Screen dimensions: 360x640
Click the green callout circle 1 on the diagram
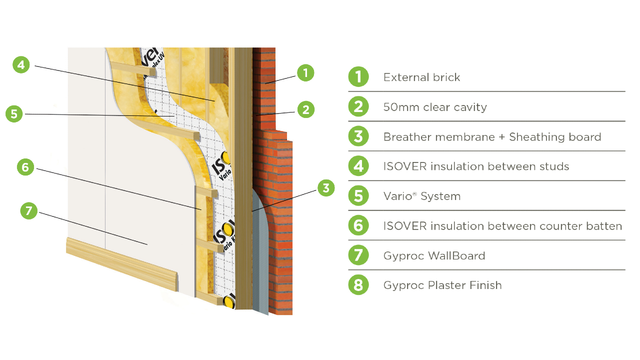(x=305, y=73)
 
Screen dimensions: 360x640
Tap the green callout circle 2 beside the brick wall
(x=305, y=109)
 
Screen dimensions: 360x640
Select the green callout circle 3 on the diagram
(x=326, y=188)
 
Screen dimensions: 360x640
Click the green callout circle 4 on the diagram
(x=21, y=65)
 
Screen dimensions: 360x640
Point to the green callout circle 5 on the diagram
(x=14, y=114)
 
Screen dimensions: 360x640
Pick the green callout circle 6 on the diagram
(x=25, y=167)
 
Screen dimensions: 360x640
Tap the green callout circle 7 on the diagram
(x=29, y=211)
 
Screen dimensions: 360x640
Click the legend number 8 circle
(x=358, y=285)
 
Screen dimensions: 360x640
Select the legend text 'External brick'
(x=421, y=77)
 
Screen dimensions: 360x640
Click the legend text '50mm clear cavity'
(x=435, y=107)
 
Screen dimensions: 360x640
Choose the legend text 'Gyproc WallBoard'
(x=434, y=255)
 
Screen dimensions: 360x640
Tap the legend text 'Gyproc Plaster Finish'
(x=442, y=285)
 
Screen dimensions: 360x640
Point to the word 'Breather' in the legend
(x=404, y=137)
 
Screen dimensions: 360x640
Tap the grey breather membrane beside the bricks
(x=259, y=260)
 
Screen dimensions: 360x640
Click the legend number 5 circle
(x=358, y=196)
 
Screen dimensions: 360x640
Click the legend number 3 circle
(x=358, y=136)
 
